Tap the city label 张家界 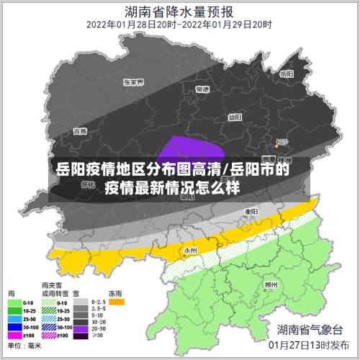point(134,82)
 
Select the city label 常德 point(202,89)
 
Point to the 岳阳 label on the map point(287,74)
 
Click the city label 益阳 point(235,117)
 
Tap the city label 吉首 point(80,131)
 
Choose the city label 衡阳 point(251,212)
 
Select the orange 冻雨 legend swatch point(116,302)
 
